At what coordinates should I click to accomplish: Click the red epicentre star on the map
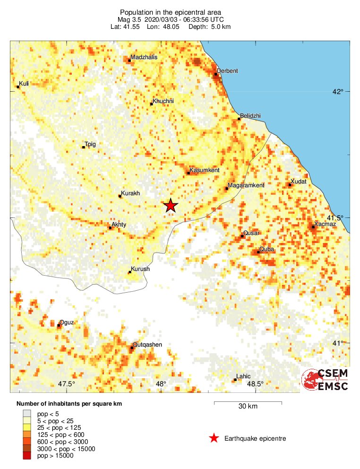coord(171,206)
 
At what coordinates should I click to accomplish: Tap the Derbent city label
coord(228,71)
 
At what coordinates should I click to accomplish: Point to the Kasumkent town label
coord(204,170)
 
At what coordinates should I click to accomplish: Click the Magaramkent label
coord(246,185)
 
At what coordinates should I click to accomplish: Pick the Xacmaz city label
coord(325,224)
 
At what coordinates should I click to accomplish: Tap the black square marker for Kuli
coord(18,87)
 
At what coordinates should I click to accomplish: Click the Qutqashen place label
coord(147,345)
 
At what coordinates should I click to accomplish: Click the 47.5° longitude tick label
coord(67,384)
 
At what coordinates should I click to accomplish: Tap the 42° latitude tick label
coord(337,91)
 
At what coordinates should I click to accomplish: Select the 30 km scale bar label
coord(248,407)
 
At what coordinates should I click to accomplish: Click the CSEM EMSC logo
coord(325,380)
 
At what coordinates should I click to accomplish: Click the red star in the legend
coord(214,438)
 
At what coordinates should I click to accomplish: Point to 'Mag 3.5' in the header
coord(128,20)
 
